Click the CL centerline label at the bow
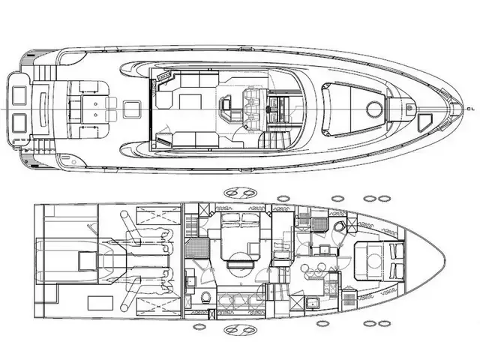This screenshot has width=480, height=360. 470,109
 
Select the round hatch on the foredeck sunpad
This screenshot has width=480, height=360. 374,109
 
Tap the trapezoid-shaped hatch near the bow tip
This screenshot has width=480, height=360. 424,121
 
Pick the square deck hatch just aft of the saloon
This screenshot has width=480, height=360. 132,109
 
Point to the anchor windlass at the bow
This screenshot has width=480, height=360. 409,108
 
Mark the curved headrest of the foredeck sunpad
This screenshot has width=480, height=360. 325,109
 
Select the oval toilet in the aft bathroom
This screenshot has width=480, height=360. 206,297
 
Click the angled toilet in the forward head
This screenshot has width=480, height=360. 338,227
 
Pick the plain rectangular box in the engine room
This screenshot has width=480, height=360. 100,303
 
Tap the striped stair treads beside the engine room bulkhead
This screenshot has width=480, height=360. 190,226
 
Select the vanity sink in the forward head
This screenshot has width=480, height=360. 323,250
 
